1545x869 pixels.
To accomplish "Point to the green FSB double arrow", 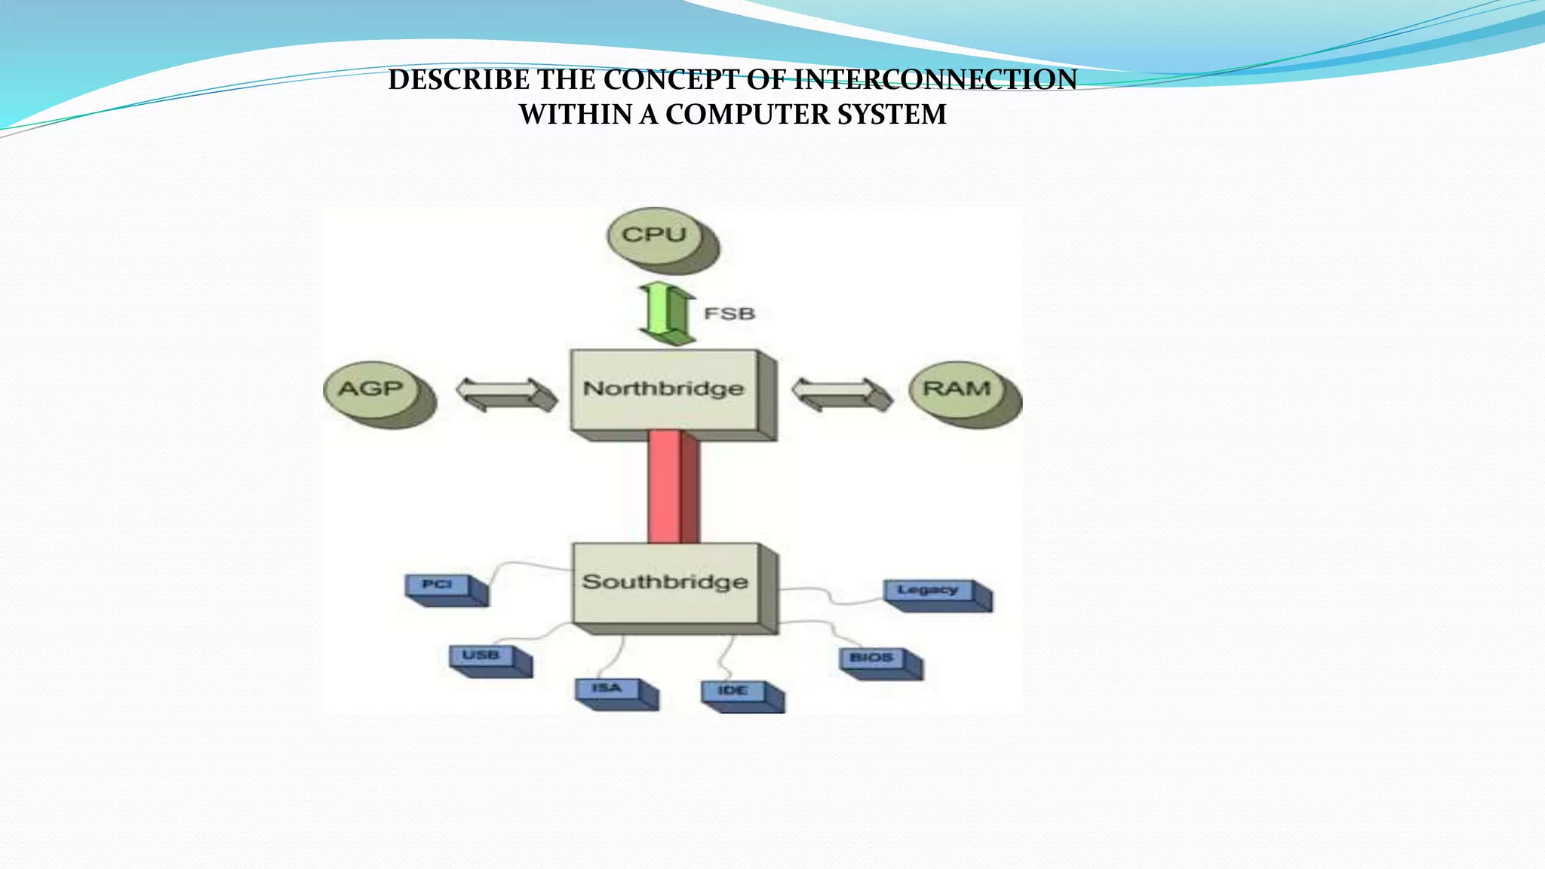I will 667,313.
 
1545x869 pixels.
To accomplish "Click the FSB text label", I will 729,313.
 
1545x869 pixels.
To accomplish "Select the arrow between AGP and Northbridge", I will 506,395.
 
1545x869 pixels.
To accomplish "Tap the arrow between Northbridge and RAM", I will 842,395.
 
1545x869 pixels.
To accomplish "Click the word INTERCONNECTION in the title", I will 935,79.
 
